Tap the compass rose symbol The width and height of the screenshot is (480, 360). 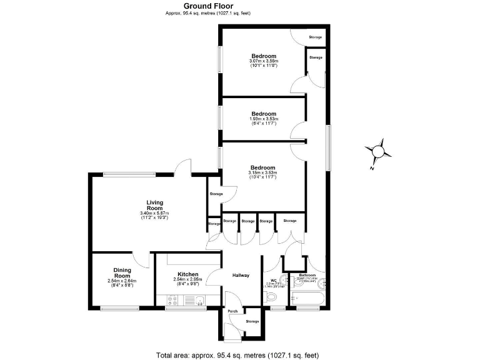click(379, 151)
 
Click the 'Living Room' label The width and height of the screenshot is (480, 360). click(154, 205)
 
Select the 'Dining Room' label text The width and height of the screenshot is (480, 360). click(122, 272)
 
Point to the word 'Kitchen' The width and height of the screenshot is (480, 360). click(187, 274)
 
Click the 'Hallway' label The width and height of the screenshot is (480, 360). click(241, 275)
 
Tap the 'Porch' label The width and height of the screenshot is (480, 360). click(232, 311)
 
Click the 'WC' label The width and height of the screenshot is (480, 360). click(273, 281)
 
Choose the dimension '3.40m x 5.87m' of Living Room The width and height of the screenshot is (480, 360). click(154, 214)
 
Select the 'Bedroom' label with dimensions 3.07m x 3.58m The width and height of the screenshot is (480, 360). click(262, 56)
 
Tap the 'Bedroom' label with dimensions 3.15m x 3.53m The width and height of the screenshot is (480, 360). click(262, 167)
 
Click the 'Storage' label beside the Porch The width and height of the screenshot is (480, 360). click(252, 321)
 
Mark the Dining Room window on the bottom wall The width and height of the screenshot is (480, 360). click(119, 307)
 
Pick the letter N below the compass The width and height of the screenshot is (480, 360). click(371, 167)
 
